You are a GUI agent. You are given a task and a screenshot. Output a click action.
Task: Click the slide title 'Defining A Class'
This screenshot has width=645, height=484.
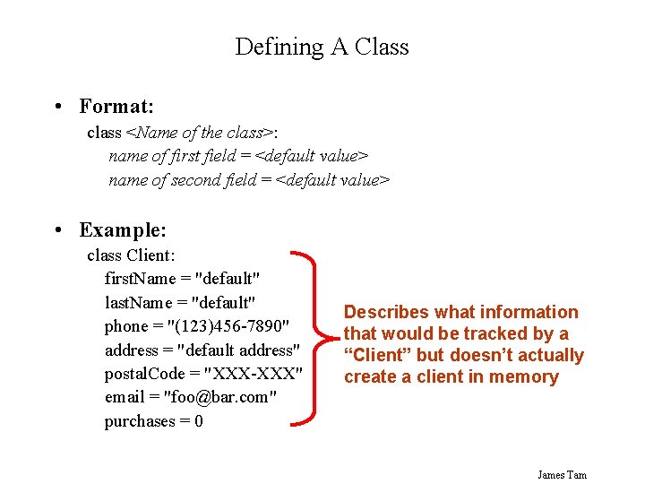pos(322,47)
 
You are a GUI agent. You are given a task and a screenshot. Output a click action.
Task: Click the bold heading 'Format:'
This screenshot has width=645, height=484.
pos(116,107)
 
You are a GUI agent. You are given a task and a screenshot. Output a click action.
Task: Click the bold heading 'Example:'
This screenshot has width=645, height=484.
pos(123,230)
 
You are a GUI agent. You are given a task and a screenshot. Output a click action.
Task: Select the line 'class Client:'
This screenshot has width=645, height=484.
pos(131,255)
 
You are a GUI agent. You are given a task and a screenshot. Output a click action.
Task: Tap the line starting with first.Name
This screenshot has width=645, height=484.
pos(182,279)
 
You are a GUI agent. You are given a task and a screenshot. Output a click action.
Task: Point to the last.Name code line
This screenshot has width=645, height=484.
pos(181,303)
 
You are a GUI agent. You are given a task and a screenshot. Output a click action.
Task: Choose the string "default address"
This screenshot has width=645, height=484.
pos(237,350)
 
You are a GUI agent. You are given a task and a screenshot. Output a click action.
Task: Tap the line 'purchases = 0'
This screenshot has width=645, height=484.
pos(153,421)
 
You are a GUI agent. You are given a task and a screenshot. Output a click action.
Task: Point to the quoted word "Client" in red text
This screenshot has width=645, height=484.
pos(381,355)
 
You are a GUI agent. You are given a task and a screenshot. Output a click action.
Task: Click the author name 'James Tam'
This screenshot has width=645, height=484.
pos(562,474)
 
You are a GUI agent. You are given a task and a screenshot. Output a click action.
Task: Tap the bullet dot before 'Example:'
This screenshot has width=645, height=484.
pos(57,230)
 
